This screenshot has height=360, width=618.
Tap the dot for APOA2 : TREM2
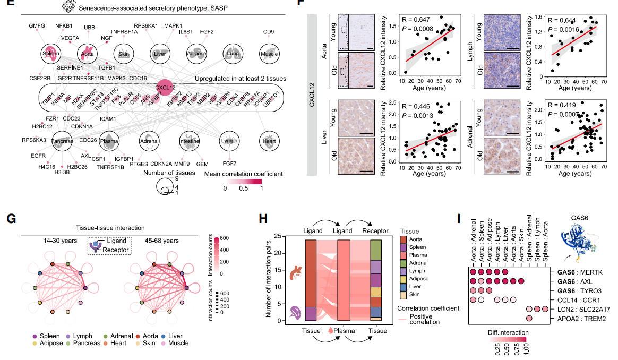529,319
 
